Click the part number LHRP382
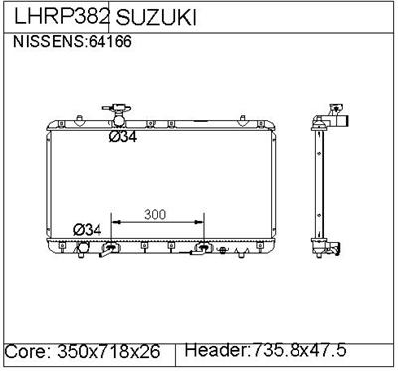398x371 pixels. [58, 18]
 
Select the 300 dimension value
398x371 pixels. [156, 214]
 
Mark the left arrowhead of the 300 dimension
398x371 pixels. [114, 221]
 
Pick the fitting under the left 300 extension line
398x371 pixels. [113, 248]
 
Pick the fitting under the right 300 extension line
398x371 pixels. [204, 248]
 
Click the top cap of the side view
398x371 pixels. [330, 119]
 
